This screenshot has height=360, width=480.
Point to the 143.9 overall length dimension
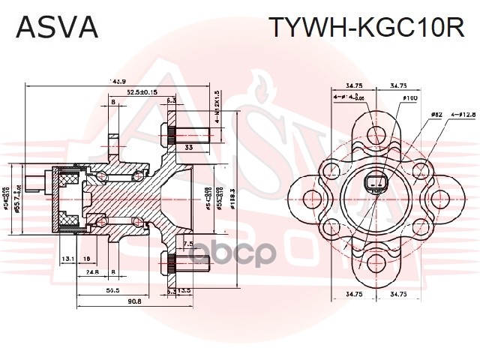pyautogui.click(x=117, y=81)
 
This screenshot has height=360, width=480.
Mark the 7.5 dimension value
pyautogui.click(x=188, y=244)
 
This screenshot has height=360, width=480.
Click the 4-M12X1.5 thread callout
pyautogui.click(x=217, y=106)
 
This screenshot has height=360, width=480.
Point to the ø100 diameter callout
pyautogui.click(x=409, y=98)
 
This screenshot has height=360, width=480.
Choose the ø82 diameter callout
pyautogui.click(x=436, y=115)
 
